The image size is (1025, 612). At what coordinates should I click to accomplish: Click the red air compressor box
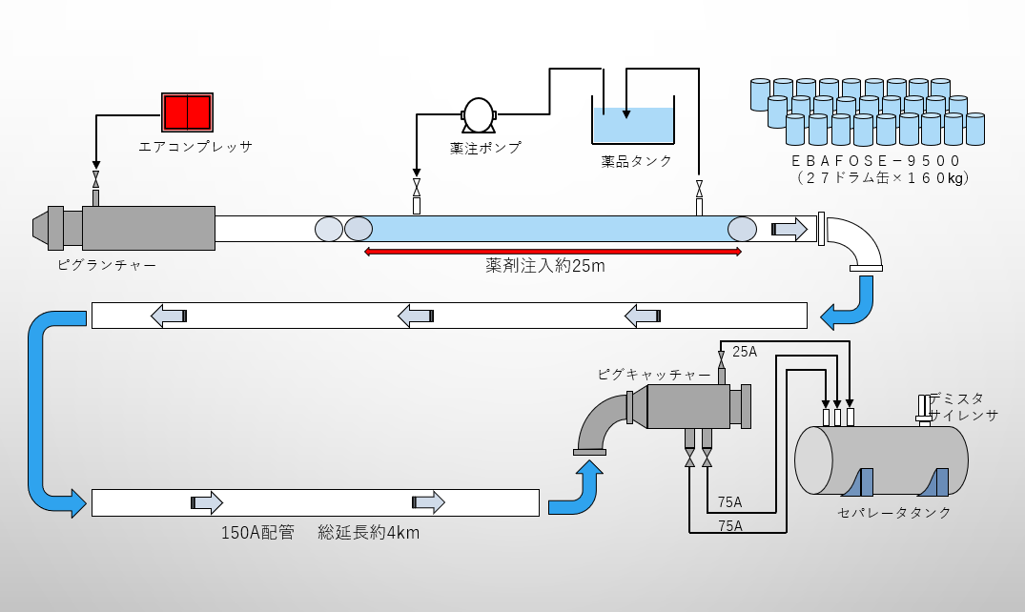[187, 112]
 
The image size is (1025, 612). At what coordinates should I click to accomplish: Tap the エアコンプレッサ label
[195, 147]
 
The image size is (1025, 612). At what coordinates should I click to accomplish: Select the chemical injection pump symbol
[479, 116]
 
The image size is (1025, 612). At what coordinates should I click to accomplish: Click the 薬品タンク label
[637, 161]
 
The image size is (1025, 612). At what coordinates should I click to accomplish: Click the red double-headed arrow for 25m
[553, 252]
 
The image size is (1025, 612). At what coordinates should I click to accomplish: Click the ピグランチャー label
[106, 264]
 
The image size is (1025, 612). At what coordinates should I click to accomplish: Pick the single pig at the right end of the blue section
[742, 229]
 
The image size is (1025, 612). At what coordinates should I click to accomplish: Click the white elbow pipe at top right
[855, 244]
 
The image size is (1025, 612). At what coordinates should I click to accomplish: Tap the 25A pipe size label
[745, 352]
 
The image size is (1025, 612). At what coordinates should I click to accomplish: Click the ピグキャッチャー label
[653, 375]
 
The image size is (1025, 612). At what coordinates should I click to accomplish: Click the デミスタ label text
[956, 398]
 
